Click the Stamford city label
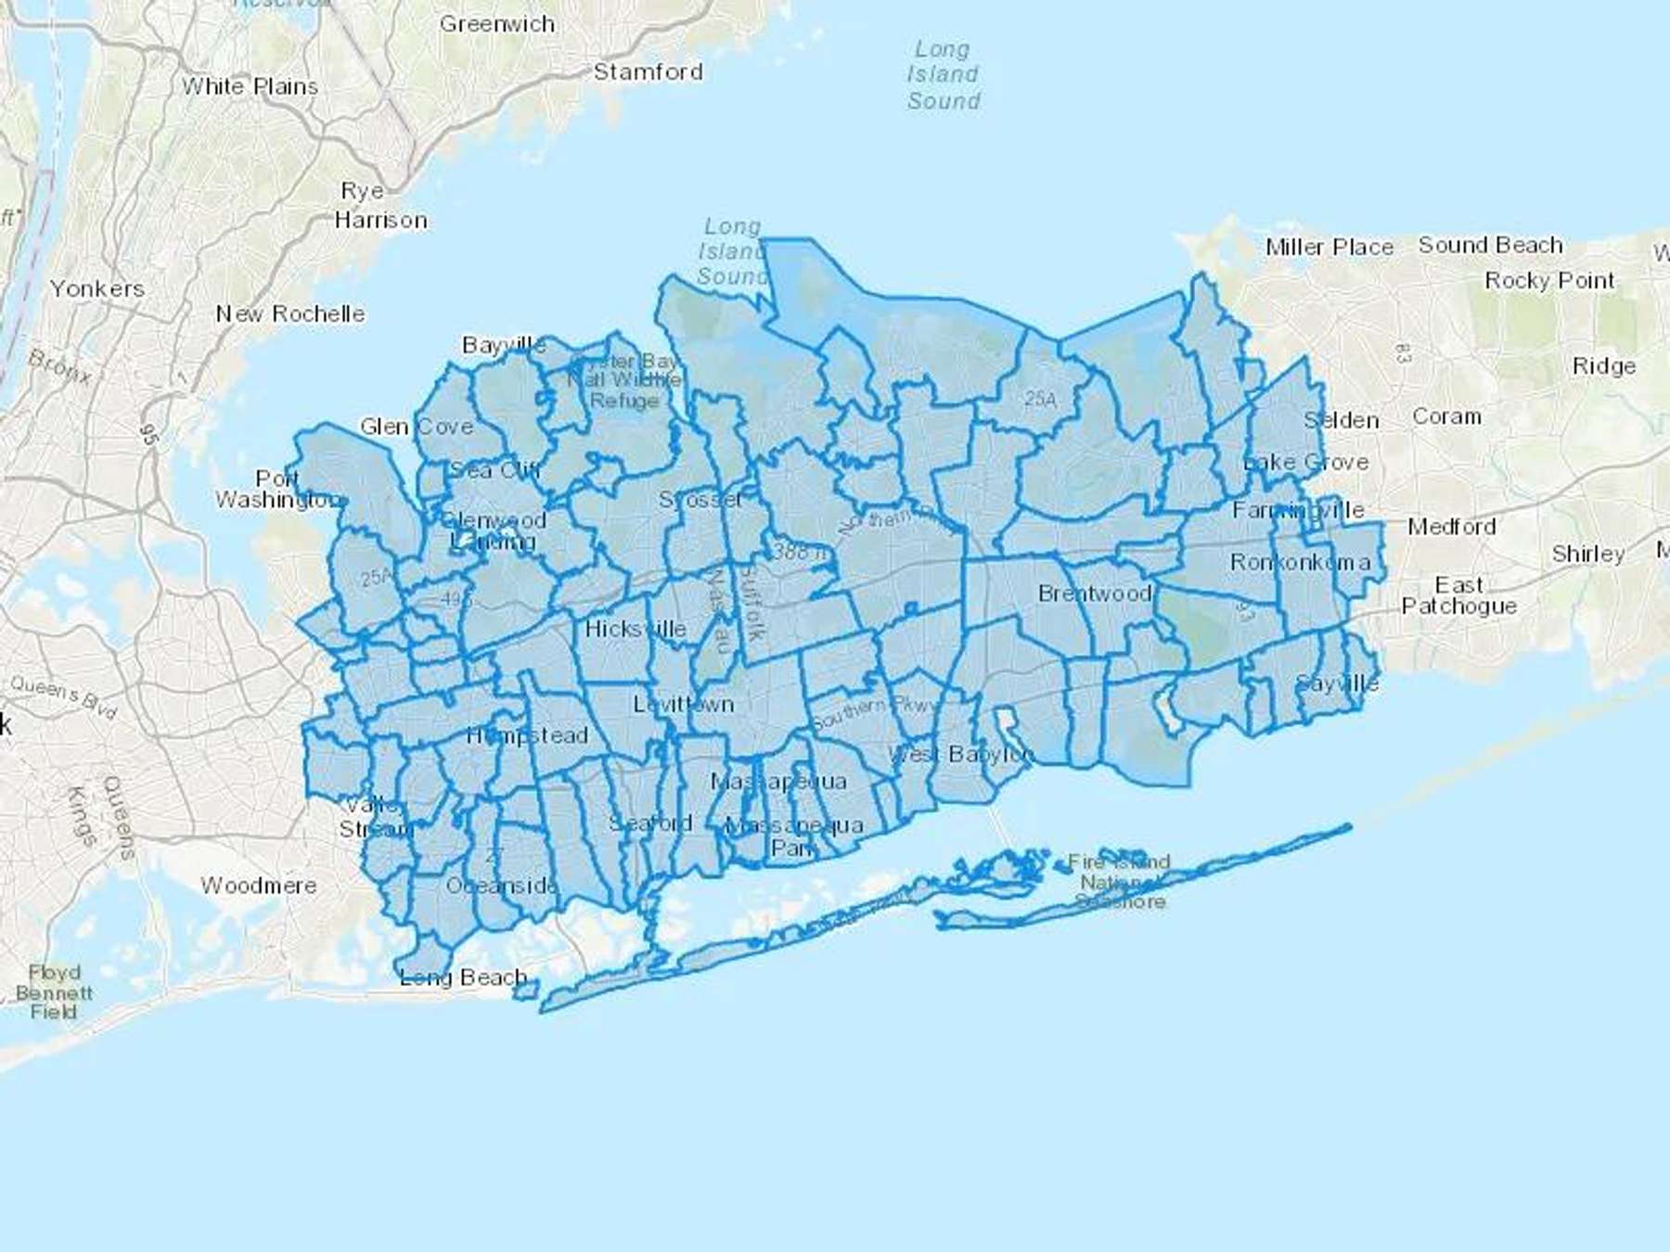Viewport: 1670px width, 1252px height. click(648, 71)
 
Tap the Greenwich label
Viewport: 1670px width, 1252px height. click(496, 24)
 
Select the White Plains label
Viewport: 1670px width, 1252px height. click(250, 86)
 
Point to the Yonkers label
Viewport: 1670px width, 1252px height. click(97, 288)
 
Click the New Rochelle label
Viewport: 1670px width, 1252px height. click(289, 313)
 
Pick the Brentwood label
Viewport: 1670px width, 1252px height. click(1095, 593)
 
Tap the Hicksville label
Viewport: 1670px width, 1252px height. click(636, 629)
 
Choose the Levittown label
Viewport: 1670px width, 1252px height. click(684, 704)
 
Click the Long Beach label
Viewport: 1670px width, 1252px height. click(463, 977)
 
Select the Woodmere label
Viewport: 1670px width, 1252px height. click(259, 886)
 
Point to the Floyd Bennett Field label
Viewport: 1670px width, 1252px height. click(54, 991)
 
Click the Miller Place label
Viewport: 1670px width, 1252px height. click(1330, 247)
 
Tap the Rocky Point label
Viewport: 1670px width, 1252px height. click(1549, 280)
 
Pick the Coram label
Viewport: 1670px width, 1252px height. click(1446, 416)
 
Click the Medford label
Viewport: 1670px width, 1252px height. click(1451, 527)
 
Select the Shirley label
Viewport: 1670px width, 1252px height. click(1587, 554)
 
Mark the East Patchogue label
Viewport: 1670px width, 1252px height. click(1458, 595)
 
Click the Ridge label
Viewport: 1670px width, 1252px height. click(1603, 366)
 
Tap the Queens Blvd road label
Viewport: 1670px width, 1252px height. click(63, 697)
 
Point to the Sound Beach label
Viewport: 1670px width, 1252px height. click(1490, 245)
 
